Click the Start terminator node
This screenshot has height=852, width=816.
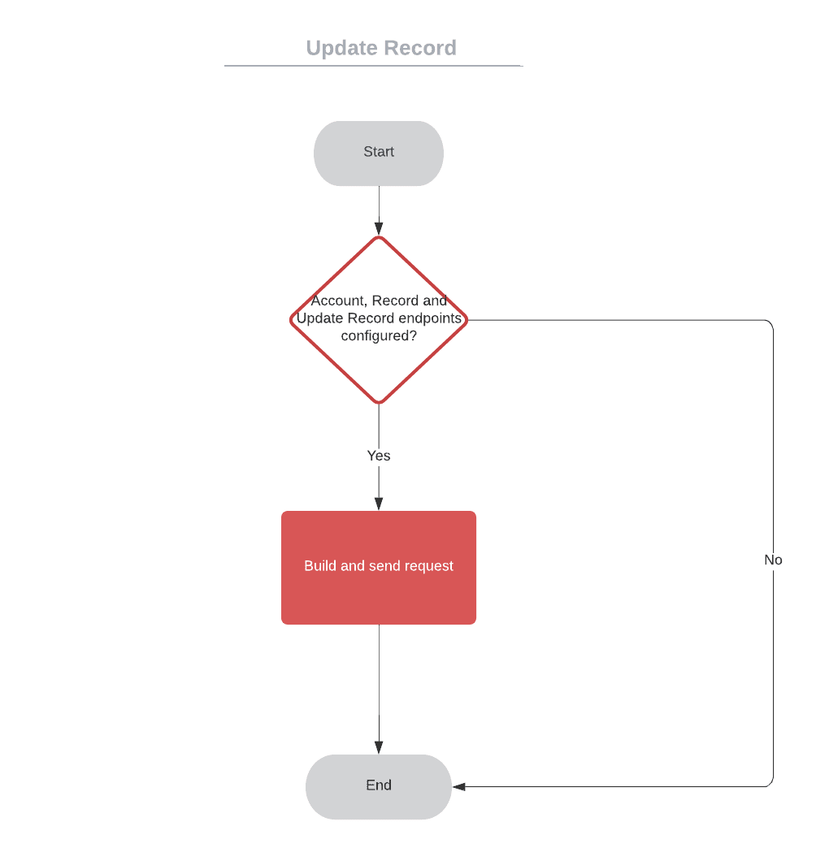379,153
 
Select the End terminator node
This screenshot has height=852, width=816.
379,785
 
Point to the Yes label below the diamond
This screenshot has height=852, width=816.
379,456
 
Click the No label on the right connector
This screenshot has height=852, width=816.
773,560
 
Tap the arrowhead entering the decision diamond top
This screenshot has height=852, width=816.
379,228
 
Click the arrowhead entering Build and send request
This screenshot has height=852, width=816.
379,504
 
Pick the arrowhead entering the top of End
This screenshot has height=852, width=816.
379,747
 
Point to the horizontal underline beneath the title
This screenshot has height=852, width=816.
373,66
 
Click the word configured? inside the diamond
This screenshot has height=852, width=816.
379,335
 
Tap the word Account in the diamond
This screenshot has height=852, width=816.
337,301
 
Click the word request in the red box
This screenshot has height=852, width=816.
428,566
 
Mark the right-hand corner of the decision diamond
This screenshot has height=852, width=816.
467,320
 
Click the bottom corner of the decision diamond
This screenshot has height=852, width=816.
379,402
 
